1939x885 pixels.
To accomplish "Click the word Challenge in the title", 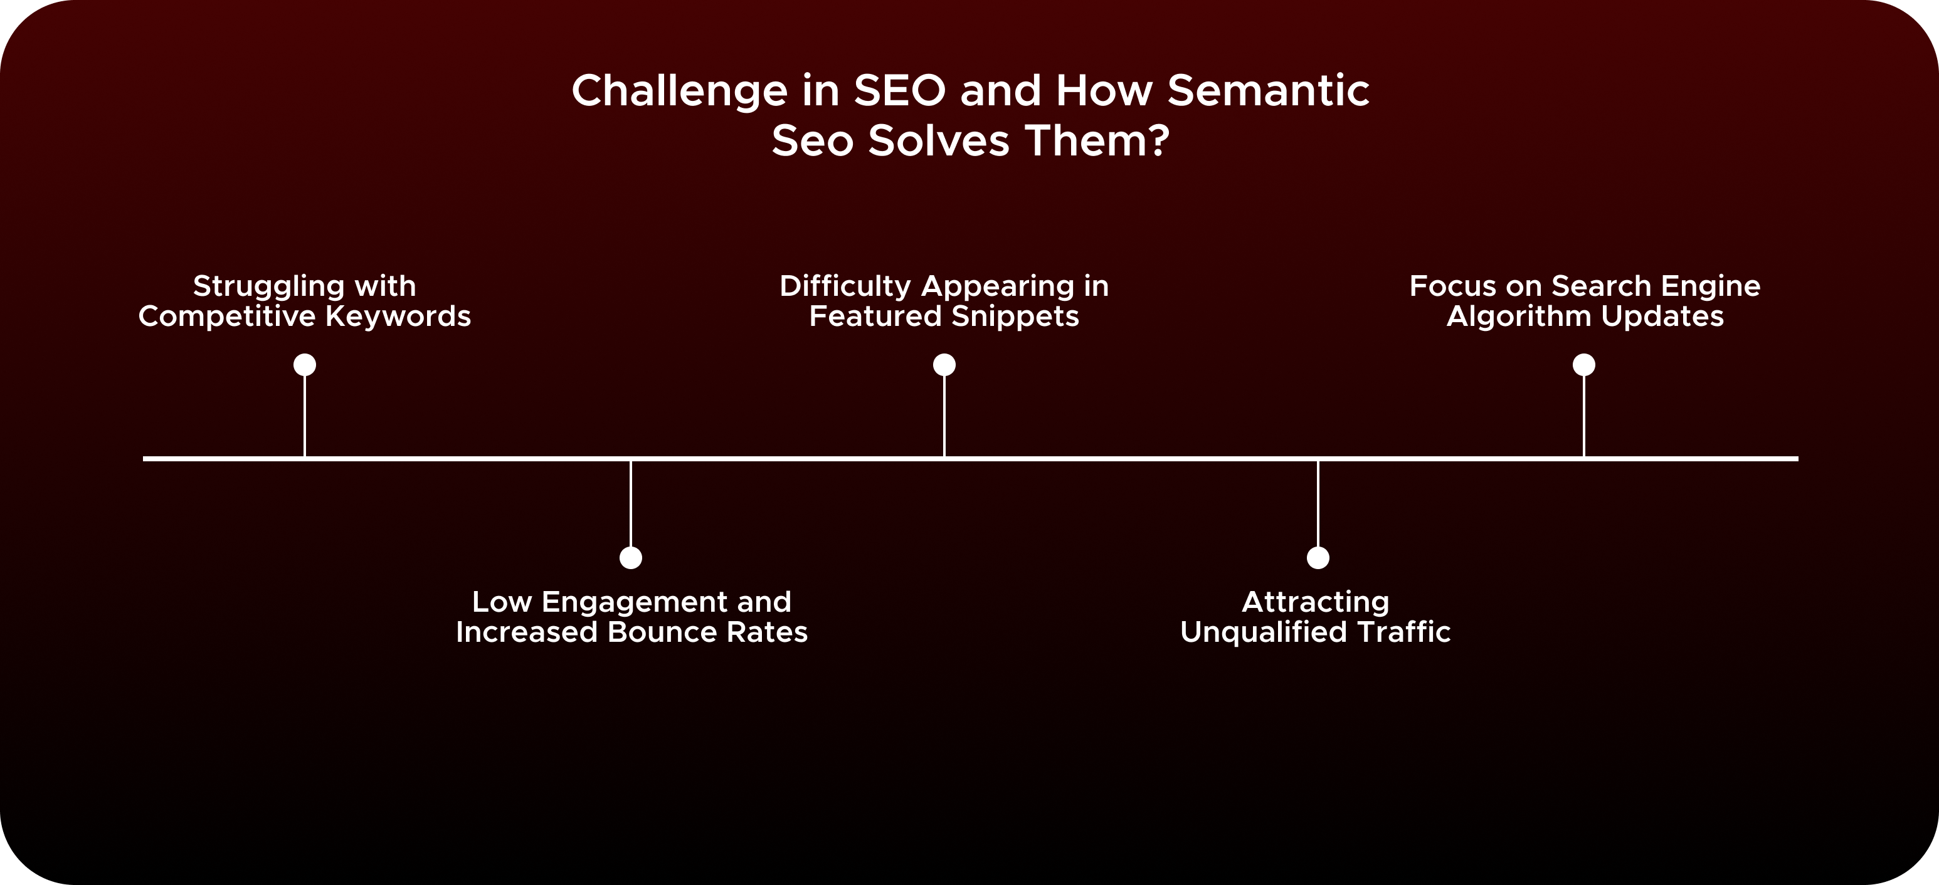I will coord(679,92).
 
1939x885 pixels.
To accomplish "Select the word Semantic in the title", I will coord(1269,90).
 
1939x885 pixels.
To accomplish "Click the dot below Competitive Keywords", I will coord(304,365).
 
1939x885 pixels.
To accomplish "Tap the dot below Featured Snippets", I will coord(944,365).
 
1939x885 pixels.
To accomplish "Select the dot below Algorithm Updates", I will coord(1583,365).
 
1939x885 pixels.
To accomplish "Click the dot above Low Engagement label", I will coord(631,558).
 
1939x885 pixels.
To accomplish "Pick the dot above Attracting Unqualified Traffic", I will coord(1318,558).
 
